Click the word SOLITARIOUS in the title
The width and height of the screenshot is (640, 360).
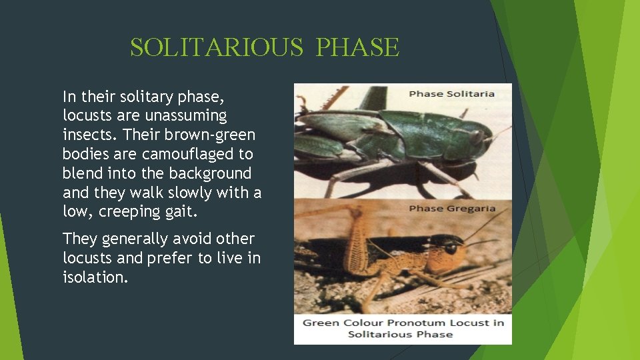(217, 47)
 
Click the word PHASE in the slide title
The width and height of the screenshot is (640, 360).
(357, 47)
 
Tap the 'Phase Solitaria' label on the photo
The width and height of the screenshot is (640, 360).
(451, 94)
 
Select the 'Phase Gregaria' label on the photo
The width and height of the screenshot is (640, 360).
(452, 209)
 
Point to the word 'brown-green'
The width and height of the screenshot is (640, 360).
(217, 135)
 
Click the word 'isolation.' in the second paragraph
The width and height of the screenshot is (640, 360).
(95, 277)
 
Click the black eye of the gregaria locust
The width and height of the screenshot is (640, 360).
(451, 248)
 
